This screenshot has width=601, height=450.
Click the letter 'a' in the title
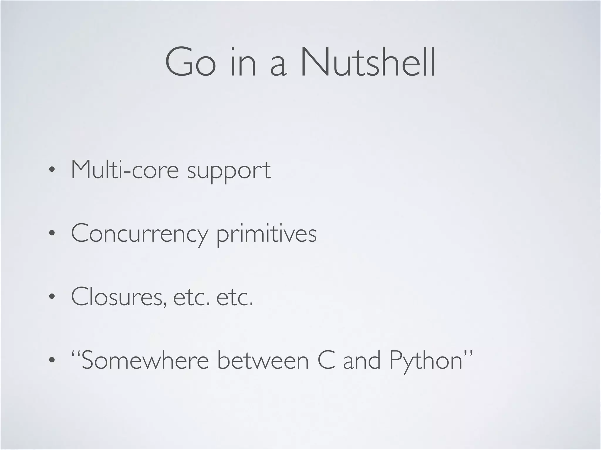point(277,66)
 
